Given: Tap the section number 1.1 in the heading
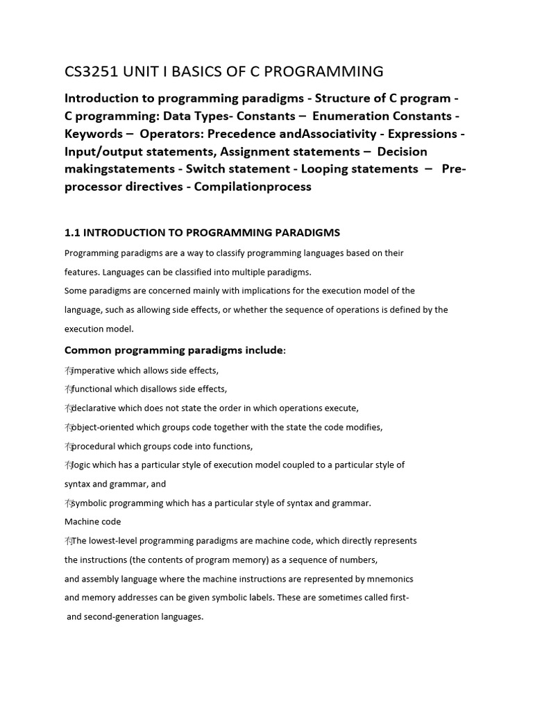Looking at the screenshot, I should [73, 232].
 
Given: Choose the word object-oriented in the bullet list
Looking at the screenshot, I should [106, 426].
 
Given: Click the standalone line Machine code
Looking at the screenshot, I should [92, 521].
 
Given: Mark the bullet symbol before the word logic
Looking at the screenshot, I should [68, 465].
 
